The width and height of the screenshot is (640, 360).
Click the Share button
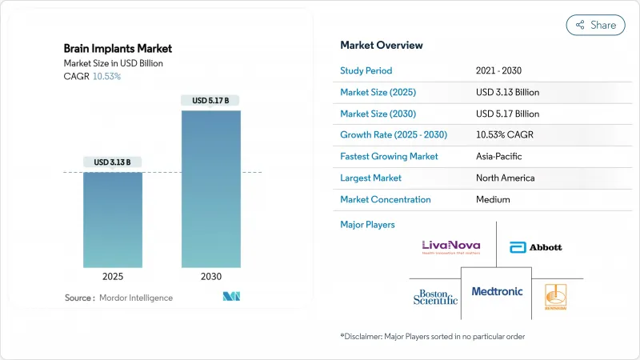[x=595, y=25]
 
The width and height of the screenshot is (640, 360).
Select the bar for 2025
[x=114, y=219]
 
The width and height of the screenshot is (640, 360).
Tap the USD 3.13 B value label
[x=114, y=162]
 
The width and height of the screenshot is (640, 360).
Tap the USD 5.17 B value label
[x=211, y=101]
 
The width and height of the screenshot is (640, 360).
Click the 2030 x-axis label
[x=211, y=276]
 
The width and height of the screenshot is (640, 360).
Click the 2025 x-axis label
[x=114, y=276]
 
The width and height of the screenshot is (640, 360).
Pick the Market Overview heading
[x=382, y=46]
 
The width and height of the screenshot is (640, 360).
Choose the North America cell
[x=505, y=178]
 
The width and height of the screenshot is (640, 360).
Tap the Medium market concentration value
[x=493, y=199]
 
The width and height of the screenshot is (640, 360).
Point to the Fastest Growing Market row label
[x=389, y=156]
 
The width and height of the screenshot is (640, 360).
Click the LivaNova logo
[x=452, y=246]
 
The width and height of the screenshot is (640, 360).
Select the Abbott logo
[x=535, y=246]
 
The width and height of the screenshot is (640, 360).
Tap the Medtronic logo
[x=497, y=291]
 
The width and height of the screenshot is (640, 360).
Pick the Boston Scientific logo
[x=436, y=296]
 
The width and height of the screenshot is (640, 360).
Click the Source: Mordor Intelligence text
[x=118, y=298]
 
